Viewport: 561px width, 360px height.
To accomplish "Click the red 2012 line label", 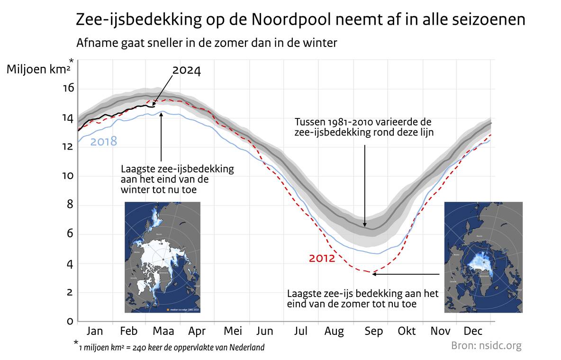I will pos(322,259).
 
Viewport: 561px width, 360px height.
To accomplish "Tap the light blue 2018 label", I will pos(103,141).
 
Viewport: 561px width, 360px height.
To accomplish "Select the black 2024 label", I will pos(186,71).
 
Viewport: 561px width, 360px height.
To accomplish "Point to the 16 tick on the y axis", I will pos(69,89).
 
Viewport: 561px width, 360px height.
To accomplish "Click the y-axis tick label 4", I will pos(70,263).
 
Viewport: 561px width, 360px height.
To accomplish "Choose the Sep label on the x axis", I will pos(374,331).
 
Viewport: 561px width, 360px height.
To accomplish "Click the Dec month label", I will pos(473,331).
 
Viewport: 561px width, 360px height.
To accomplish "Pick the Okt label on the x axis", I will pos(407,331).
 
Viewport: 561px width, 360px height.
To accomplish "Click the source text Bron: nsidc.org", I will pos(486,345).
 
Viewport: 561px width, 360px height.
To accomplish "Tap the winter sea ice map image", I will pos(163,257).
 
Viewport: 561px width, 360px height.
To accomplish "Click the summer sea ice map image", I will pos(483,257).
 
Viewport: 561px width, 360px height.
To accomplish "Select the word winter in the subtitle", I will pos(322,43).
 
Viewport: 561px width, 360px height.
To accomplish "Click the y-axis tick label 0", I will pos(70,322).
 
